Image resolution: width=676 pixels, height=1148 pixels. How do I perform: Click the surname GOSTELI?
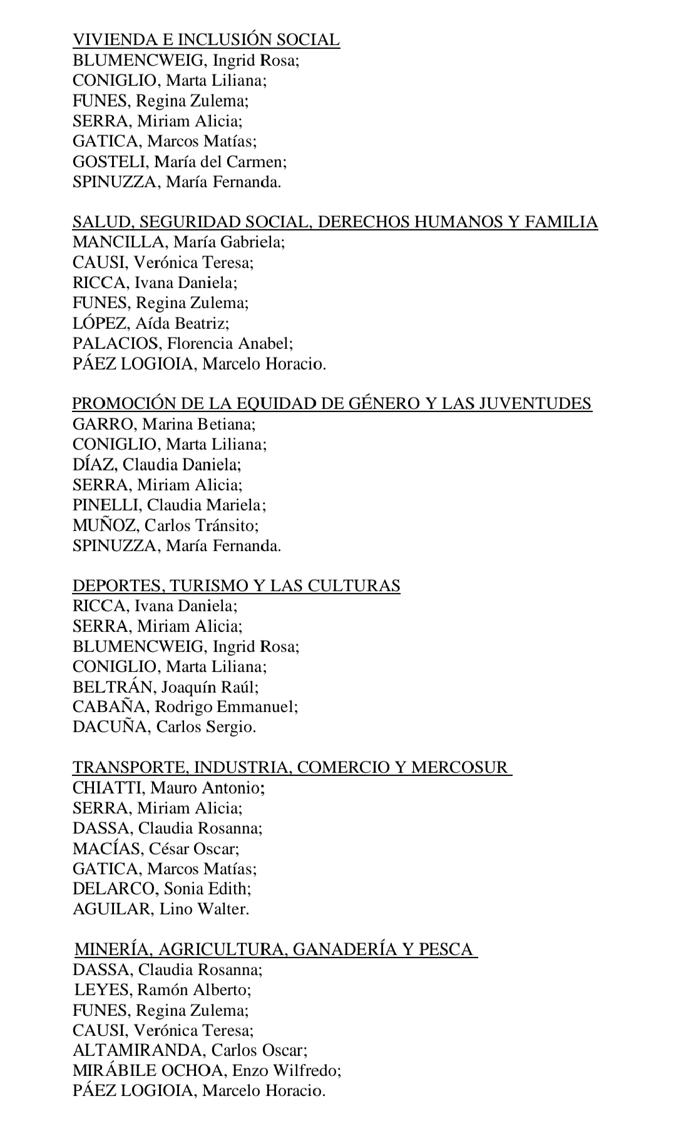pyautogui.click(x=110, y=162)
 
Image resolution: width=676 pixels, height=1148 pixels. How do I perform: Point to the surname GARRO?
pyautogui.click(x=103, y=424)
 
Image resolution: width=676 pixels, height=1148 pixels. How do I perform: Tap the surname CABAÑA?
pyautogui.click(x=110, y=707)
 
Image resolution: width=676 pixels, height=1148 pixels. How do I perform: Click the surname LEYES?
pyautogui.click(x=102, y=990)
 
